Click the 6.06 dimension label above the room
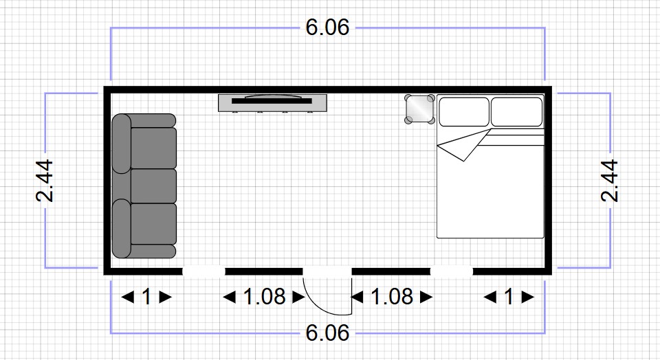pos(328,27)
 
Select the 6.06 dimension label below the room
pos(328,333)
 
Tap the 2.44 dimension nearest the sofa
pos(45,181)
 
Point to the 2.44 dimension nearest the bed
pos(610,181)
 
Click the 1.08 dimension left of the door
pos(264,297)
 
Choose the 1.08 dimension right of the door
pos(392,297)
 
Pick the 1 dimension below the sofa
pos(146,297)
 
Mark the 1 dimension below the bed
pos(509,297)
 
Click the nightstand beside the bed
pos(419,109)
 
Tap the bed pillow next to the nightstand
pos(463,112)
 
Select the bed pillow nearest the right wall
pos(516,112)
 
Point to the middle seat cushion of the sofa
pos(153,185)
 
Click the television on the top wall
pos(272,102)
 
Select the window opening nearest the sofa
pos(203,271)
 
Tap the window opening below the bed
pos(452,271)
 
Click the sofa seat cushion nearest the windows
pos(153,224)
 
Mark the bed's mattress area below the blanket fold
pos(489,199)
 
